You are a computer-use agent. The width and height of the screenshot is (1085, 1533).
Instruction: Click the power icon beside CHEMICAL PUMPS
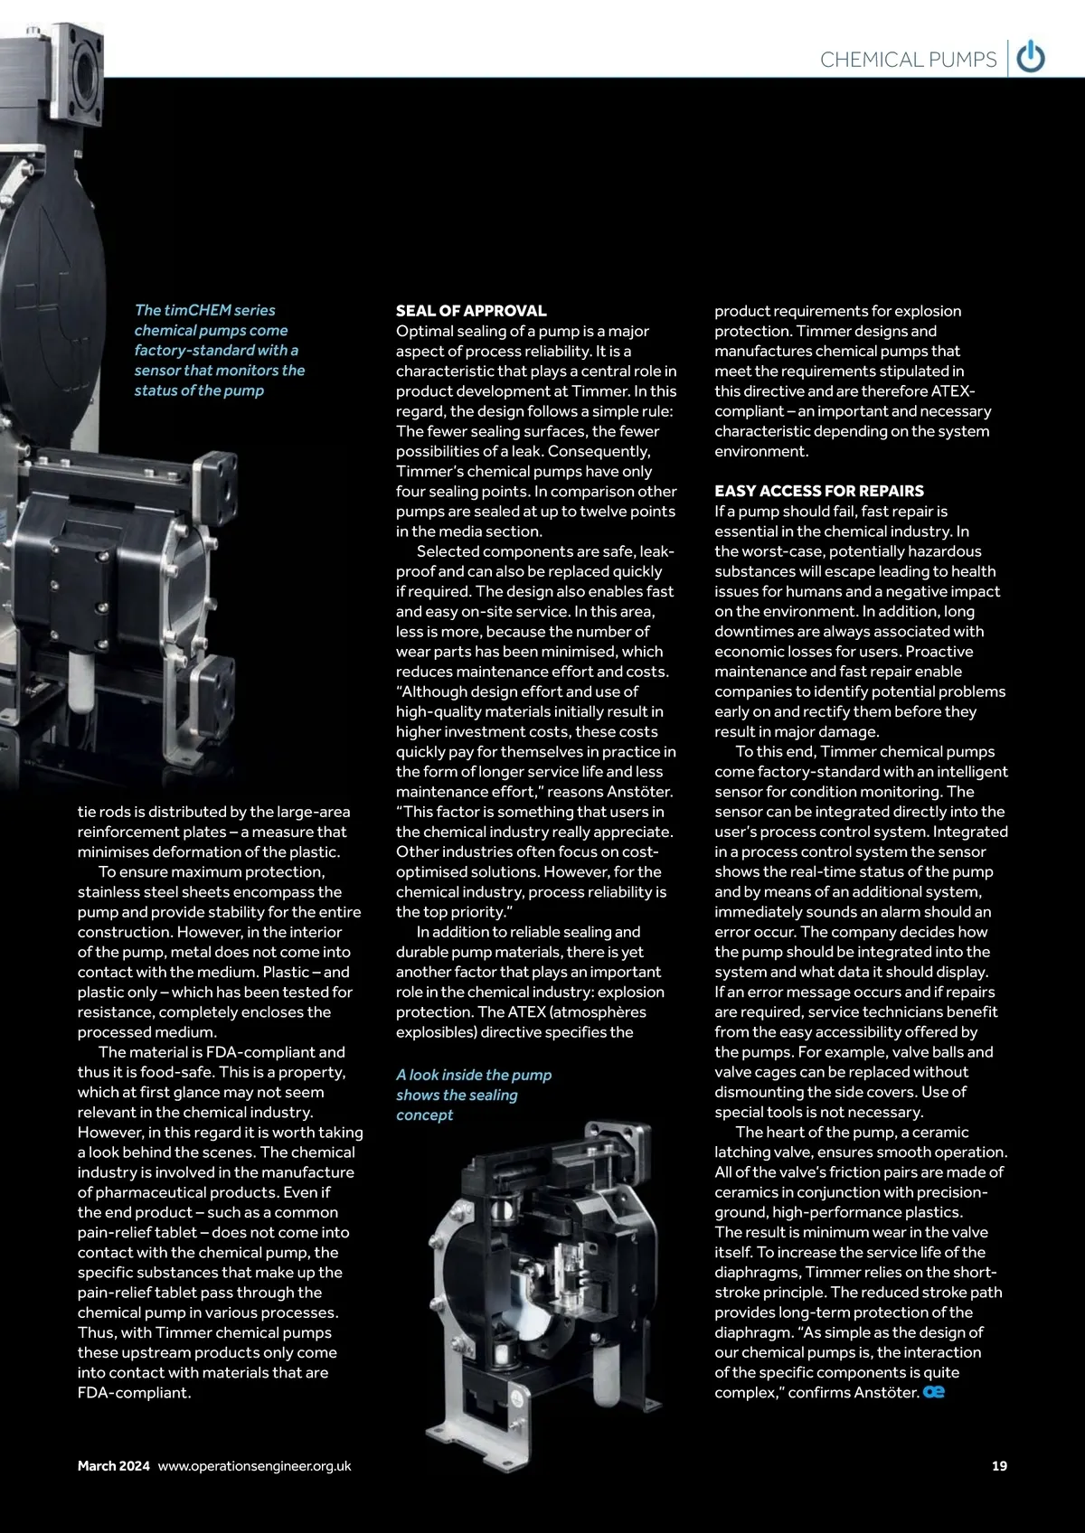[1031, 58]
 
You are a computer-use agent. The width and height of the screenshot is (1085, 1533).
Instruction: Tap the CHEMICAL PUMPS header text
[908, 60]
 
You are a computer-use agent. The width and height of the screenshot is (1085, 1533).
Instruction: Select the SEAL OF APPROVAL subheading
[471, 311]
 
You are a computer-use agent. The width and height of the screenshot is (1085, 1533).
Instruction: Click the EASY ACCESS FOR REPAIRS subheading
[819, 491]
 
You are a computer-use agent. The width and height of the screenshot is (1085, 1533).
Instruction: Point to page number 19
[999, 1465]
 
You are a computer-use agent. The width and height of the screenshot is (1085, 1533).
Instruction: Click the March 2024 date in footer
[114, 1465]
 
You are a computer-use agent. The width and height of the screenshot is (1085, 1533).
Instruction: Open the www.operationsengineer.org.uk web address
[254, 1465]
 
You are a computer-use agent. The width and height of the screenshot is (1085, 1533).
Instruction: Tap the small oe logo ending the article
[934, 1392]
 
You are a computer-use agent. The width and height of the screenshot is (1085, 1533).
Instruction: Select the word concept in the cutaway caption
[424, 1114]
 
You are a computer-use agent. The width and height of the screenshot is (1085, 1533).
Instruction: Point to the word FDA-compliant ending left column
[135, 1392]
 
